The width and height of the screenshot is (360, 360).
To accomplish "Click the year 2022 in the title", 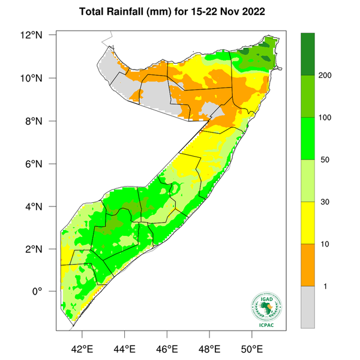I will point(264,11).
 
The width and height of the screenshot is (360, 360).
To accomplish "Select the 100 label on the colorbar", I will point(327,118).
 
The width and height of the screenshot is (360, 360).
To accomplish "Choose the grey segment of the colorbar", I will point(308,307).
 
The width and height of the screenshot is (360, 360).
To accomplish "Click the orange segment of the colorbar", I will point(308,265).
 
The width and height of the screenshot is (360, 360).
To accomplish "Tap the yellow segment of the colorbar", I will point(308,223).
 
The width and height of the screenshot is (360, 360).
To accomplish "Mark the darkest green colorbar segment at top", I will point(308,53).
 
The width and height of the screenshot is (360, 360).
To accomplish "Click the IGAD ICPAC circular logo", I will point(265,307).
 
